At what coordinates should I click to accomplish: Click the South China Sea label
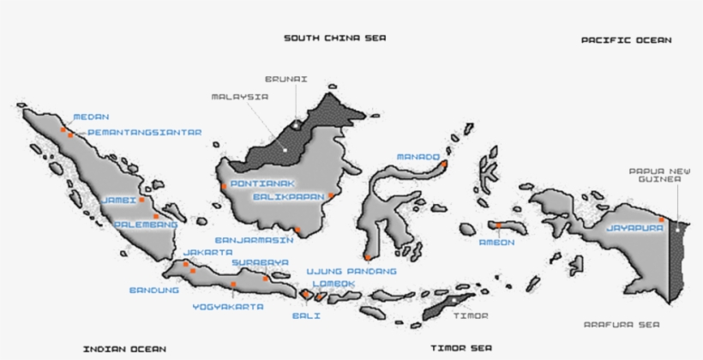click(x=335, y=38)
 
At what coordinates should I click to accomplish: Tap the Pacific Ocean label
click(x=626, y=40)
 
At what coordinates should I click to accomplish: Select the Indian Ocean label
click(x=124, y=349)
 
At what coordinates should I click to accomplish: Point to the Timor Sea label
click(x=461, y=349)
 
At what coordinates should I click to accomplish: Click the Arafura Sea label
click(x=621, y=325)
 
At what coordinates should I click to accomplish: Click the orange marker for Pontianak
click(x=224, y=186)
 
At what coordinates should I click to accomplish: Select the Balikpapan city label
click(x=288, y=196)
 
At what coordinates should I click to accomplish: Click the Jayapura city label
click(x=634, y=229)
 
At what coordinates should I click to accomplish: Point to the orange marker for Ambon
click(x=498, y=226)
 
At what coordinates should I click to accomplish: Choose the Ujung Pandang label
click(x=351, y=271)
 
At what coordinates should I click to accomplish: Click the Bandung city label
click(x=154, y=290)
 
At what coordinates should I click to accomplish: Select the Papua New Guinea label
click(x=654, y=175)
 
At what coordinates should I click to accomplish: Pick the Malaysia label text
click(x=240, y=97)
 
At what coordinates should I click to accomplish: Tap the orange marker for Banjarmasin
click(x=297, y=230)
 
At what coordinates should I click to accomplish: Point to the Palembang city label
click(x=146, y=225)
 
